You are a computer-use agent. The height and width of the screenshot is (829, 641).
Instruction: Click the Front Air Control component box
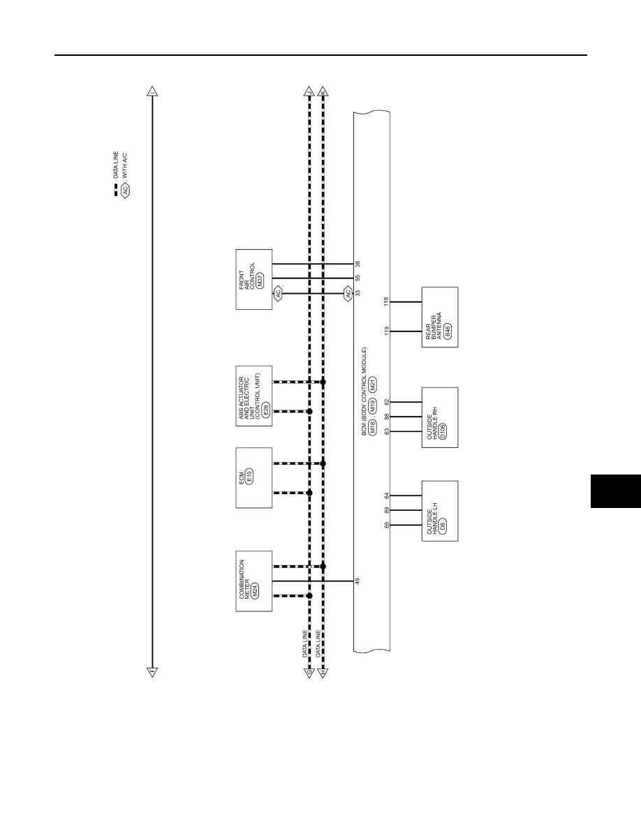click(x=254, y=279)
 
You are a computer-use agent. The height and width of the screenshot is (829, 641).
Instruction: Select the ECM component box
click(x=254, y=478)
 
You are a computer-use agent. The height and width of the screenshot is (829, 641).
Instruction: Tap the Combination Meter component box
click(x=254, y=581)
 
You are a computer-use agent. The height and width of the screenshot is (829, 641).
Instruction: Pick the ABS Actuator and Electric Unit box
click(x=254, y=396)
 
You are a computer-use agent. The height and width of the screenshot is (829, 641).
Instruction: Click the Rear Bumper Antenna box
click(x=439, y=318)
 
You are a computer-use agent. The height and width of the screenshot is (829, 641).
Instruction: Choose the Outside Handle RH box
click(x=439, y=418)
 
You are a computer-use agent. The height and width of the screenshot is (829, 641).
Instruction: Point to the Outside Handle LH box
click(x=439, y=511)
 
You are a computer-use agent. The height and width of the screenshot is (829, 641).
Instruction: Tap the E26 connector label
click(x=265, y=409)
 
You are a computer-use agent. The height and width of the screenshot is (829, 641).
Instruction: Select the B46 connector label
click(x=448, y=331)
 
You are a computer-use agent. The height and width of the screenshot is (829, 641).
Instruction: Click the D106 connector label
click(x=442, y=431)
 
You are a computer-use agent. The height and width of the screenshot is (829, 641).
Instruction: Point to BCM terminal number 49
click(x=358, y=581)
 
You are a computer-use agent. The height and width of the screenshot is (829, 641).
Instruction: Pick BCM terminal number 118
click(x=386, y=301)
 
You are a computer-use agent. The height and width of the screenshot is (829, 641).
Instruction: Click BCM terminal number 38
click(x=358, y=263)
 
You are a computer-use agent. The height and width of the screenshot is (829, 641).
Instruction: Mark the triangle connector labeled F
click(x=152, y=673)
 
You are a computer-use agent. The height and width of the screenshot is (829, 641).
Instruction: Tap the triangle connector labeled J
click(x=309, y=91)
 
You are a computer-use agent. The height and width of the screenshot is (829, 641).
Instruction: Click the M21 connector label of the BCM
click(x=373, y=384)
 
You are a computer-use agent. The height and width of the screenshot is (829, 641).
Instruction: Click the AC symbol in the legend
click(x=126, y=190)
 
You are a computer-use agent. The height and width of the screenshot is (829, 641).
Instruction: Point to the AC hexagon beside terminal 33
click(x=348, y=293)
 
